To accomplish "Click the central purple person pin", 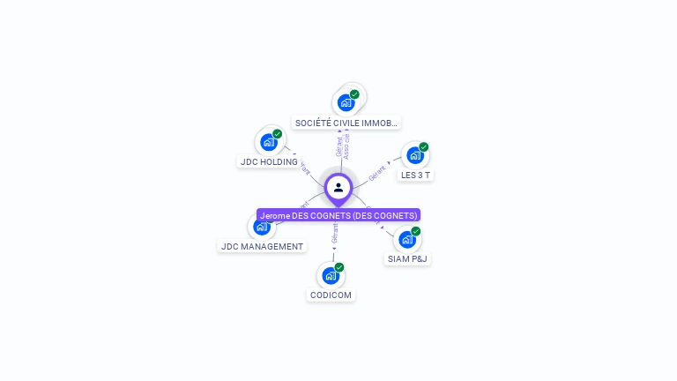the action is point(338,187).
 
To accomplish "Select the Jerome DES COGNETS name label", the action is point(338,215).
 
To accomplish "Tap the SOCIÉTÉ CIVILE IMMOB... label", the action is point(346,123).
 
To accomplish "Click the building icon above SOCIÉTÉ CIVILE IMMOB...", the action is point(346,102).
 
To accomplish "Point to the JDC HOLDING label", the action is point(269,161).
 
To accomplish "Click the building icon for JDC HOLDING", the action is point(268,142).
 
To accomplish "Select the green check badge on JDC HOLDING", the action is point(277,134).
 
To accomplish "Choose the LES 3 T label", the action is point(416,175).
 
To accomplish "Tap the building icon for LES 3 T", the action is point(414,156).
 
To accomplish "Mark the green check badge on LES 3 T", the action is point(424,147).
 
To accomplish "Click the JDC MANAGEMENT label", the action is point(262,247).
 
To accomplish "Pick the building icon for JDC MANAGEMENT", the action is point(261,228).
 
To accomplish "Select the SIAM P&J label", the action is point(408,259).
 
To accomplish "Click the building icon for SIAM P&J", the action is point(406,239).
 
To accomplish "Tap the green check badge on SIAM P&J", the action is point(415,231).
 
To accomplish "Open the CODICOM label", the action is point(331,295).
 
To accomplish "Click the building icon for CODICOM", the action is point(331,275).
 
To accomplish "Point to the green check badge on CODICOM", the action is point(339,266).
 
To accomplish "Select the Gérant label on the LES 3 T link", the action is point(377,173).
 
